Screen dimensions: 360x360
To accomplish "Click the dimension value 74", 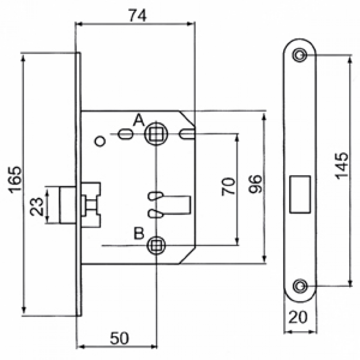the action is click(137, 16).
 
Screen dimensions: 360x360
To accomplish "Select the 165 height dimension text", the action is click(15, 179).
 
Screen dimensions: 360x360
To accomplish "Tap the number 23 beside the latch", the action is click(37, 206).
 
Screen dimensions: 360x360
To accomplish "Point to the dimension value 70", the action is click(229, 186).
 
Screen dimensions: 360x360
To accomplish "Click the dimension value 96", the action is click(255, 184).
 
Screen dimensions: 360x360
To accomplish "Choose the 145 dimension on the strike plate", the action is click(341, 165).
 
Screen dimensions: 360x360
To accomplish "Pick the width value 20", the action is click(298, 317).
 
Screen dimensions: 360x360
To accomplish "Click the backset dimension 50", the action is click(120, 338).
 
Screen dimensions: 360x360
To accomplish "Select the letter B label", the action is click(139, 233).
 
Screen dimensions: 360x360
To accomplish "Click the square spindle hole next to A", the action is click(156, 133).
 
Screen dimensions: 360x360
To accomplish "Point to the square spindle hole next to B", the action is click(156, 245).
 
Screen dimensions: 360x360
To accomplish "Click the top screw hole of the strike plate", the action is click(299, 55).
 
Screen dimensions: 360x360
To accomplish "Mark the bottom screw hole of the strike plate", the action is click(299, 286).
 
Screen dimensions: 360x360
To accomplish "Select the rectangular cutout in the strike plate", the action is click(300, 194).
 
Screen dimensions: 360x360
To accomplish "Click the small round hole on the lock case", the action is click(100, 141).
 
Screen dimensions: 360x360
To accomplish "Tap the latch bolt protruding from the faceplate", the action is click(68, 205).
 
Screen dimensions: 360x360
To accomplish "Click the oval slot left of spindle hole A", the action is click(125, 134).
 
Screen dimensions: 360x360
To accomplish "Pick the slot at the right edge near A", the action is click(187, 134).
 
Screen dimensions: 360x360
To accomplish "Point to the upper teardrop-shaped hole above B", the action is click(156, 196).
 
